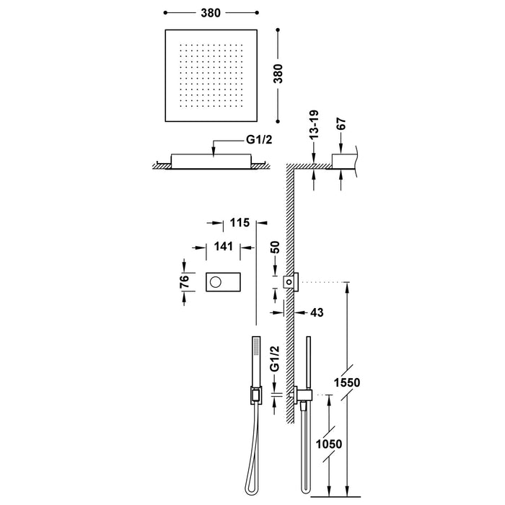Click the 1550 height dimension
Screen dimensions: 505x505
pyautogui.click(x=348, y=382)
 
